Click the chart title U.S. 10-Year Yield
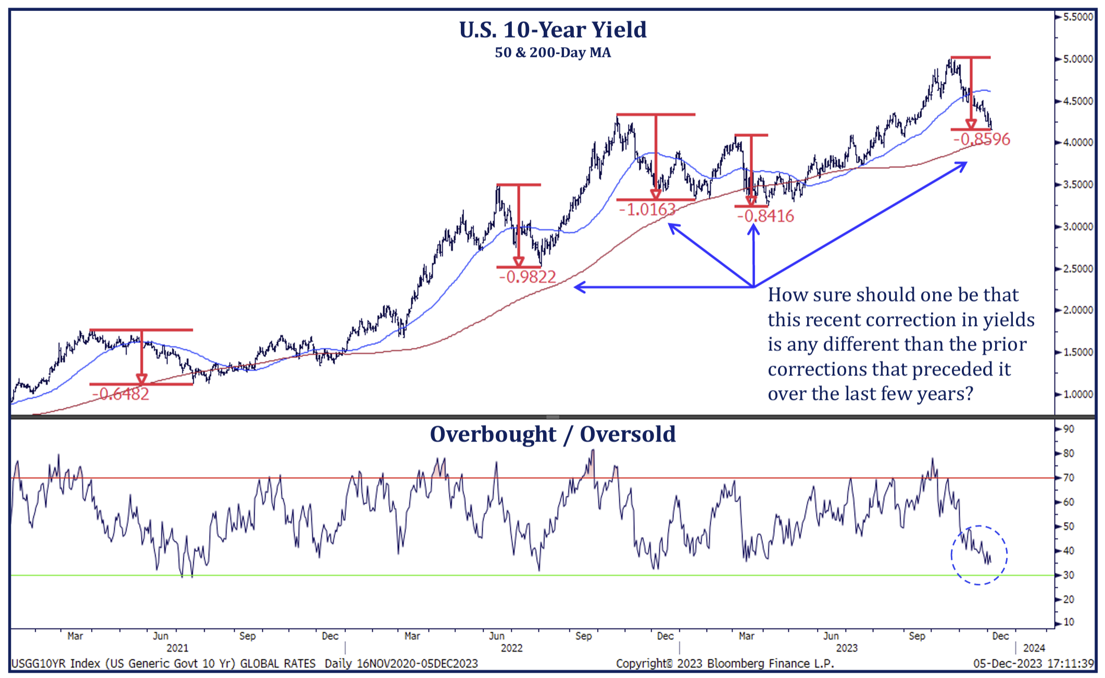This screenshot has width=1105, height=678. (x=552, y=30)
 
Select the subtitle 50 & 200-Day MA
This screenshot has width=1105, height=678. (x=552, y=53)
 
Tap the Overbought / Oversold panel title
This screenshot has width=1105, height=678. (x=552, y=434)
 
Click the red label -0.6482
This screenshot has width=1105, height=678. (x=121, y=394)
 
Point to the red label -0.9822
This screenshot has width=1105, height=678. (x=528, y=277)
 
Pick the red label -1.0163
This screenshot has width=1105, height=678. (x=647, y=210)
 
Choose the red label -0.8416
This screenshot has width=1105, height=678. (x=765, y=216)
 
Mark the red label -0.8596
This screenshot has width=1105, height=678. (x=982, y=140)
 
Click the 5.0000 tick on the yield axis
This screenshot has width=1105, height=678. (x=1077, y=59)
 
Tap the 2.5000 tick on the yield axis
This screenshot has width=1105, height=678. (x=1077, y=269)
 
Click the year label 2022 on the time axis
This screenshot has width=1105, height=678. (x=511, y=648)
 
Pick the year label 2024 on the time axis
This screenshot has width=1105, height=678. (x=1034, y=648)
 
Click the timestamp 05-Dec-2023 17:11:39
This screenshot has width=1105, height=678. (x=1033, y=664)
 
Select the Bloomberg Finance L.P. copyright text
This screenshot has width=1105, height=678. (x=725, y=664)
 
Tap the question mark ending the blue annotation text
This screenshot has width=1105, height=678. (x=968, y=394)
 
